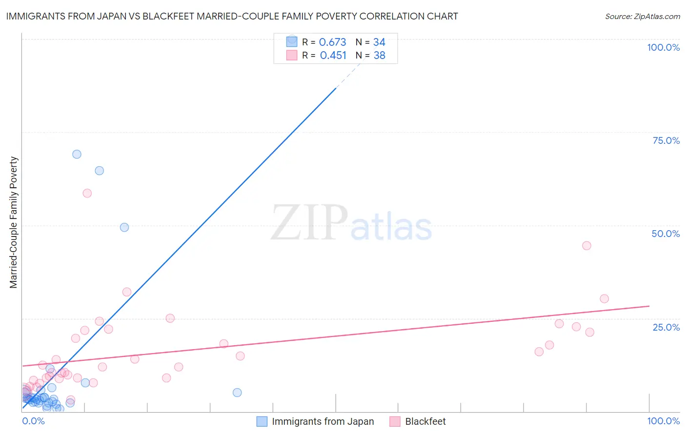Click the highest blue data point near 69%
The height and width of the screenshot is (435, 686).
click(x=77, y=154)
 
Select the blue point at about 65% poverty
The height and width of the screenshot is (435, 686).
click(x=99, y=171)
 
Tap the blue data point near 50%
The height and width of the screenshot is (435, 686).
click(x=124, y=227)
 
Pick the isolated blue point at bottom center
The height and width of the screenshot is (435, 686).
click(x=237, y=393)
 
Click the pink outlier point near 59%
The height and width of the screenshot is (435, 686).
click(x=87, y=193)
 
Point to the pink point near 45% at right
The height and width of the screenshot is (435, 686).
click(x=586, y=246)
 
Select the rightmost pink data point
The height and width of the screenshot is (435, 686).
click(x=604, y=299)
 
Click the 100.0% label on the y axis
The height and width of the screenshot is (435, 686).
click(x=663, y=47)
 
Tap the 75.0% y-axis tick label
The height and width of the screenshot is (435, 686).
click(x=666, y=140)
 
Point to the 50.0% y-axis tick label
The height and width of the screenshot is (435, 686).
click(x=666, y=234)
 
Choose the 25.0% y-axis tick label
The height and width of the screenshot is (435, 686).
click(x=666, y=327)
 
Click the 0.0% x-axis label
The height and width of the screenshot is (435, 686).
click(x=33, y=421)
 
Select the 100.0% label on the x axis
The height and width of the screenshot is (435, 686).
click(x=663, y=421)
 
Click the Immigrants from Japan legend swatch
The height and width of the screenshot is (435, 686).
click(x=262, y=421)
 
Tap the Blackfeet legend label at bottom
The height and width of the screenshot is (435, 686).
click(x=425, y=421)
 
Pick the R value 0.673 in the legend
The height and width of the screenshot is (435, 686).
click(x=332, y=42)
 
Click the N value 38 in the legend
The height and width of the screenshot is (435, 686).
click(x=379, y=56)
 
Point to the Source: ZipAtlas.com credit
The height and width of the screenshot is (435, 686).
click(x=642, y=17)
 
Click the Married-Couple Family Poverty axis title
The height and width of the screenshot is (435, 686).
click(x=14, y=222)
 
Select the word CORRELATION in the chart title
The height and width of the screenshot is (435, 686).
click(x=391, y=17)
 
